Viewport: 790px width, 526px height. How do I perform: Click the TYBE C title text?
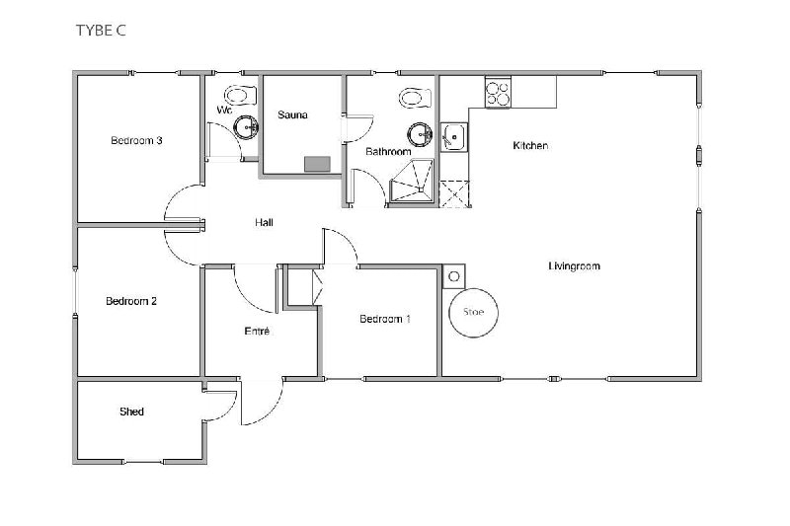coord(101,31)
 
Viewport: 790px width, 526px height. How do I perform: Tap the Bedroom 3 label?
coord(136,140)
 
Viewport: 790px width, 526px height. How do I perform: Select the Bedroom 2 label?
coord(131,301)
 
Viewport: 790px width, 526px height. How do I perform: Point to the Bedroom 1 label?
coord(385,319)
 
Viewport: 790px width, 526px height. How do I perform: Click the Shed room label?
coord(131,412)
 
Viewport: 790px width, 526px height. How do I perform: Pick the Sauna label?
coord(292,114)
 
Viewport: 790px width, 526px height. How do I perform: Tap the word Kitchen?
coord(530,145)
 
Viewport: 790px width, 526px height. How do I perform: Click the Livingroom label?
coord(575,265)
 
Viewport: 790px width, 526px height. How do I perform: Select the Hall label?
coord(264,222)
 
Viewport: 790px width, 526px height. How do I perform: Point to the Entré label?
coord(257,331)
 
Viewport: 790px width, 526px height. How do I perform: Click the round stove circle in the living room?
coord(474,312)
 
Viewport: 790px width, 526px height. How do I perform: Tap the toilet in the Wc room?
coord(241,95)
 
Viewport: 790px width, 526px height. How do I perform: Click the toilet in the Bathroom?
coord(415,98)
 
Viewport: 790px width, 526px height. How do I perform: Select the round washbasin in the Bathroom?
coord(420,135)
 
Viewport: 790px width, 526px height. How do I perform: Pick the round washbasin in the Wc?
coord(246,127)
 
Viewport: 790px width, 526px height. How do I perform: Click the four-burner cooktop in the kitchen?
coord(498,93)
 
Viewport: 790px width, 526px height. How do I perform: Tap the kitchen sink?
coord(454,137)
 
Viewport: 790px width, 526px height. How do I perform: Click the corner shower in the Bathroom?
coord(413,181)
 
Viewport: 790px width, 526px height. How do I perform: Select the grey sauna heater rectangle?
coord(317,164)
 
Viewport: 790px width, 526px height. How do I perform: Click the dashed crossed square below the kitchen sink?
coord(454,193)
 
